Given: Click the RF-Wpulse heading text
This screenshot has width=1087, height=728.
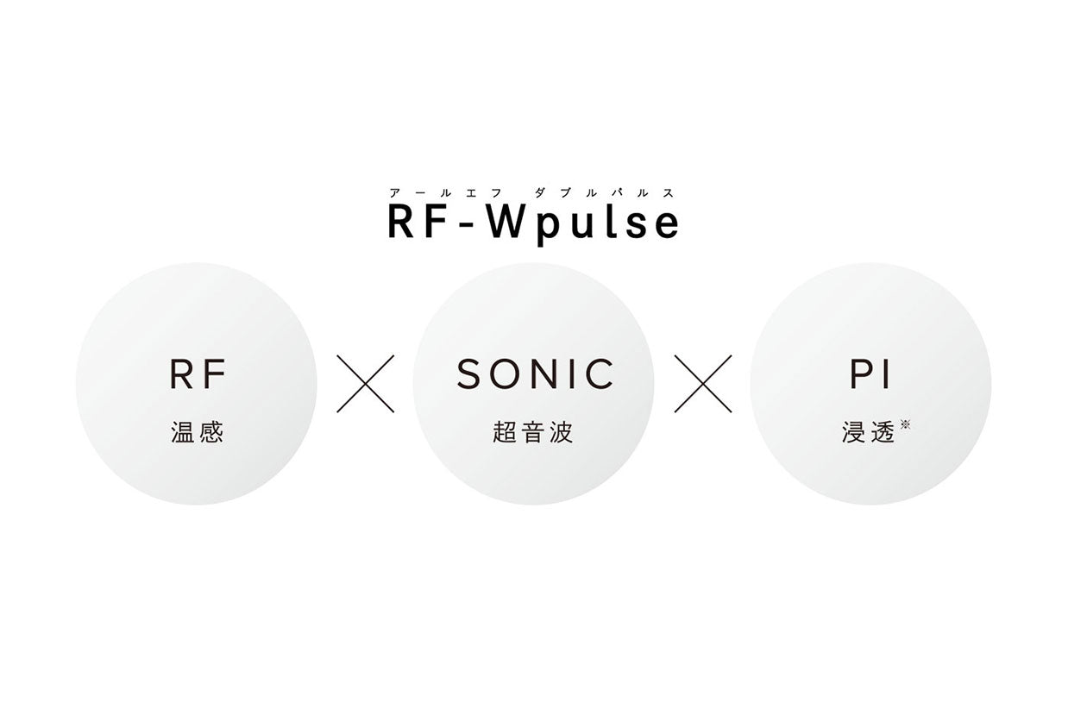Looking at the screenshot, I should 533,222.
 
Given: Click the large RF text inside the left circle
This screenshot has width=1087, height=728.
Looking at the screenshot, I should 198,374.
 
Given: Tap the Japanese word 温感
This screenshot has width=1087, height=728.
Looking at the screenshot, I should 198,432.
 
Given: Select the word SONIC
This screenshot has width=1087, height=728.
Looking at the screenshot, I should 535,374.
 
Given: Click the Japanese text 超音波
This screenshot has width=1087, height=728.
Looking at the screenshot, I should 533,432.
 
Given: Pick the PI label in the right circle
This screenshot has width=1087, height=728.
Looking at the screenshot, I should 870,374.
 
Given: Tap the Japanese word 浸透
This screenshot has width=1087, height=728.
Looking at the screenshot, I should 868,432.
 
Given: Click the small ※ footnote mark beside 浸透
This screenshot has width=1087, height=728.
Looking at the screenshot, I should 905,424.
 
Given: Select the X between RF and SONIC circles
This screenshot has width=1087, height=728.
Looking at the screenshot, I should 365,383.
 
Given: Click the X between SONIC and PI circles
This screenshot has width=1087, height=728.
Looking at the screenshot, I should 702,383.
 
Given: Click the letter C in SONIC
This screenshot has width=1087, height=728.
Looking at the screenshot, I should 600,374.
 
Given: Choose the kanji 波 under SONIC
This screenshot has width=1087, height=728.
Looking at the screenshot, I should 561,432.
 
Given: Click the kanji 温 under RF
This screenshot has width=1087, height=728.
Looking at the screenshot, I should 183,432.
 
